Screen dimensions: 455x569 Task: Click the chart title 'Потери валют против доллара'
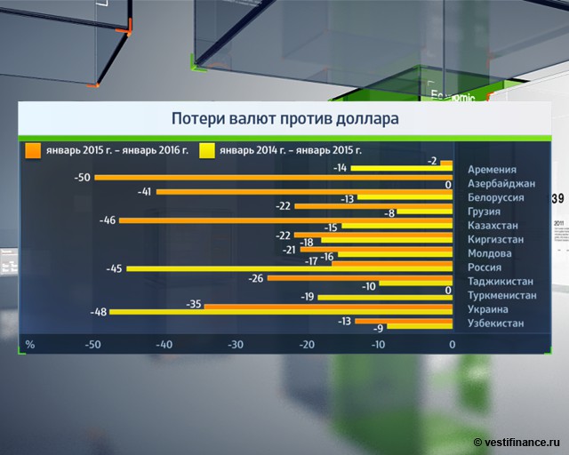click(284, 118)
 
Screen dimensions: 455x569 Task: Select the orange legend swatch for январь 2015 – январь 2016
click(33, 149)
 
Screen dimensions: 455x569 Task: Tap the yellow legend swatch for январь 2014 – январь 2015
click(207, 149)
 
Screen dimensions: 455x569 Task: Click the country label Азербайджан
click(501, 184)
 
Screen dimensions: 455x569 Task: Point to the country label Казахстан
click(495, 226)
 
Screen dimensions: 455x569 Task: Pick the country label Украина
click(490, 309)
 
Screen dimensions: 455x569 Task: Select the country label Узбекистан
click(496, 323)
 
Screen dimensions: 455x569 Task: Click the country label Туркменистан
click(502, 295)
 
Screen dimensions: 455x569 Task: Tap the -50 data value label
click(84, 178)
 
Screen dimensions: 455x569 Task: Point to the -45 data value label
click(116, 269)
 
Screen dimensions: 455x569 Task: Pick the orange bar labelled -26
click(360, 278)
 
